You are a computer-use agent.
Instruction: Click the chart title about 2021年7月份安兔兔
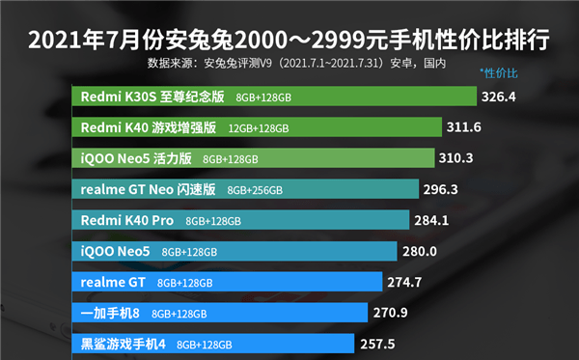[289, 42]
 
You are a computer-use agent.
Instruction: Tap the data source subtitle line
[296, 66]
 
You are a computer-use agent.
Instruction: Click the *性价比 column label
[499, 74]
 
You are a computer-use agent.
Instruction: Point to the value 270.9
[396, 314]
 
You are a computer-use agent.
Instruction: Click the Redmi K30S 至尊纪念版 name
[152, 97]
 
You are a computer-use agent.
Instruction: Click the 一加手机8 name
[111, 313]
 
